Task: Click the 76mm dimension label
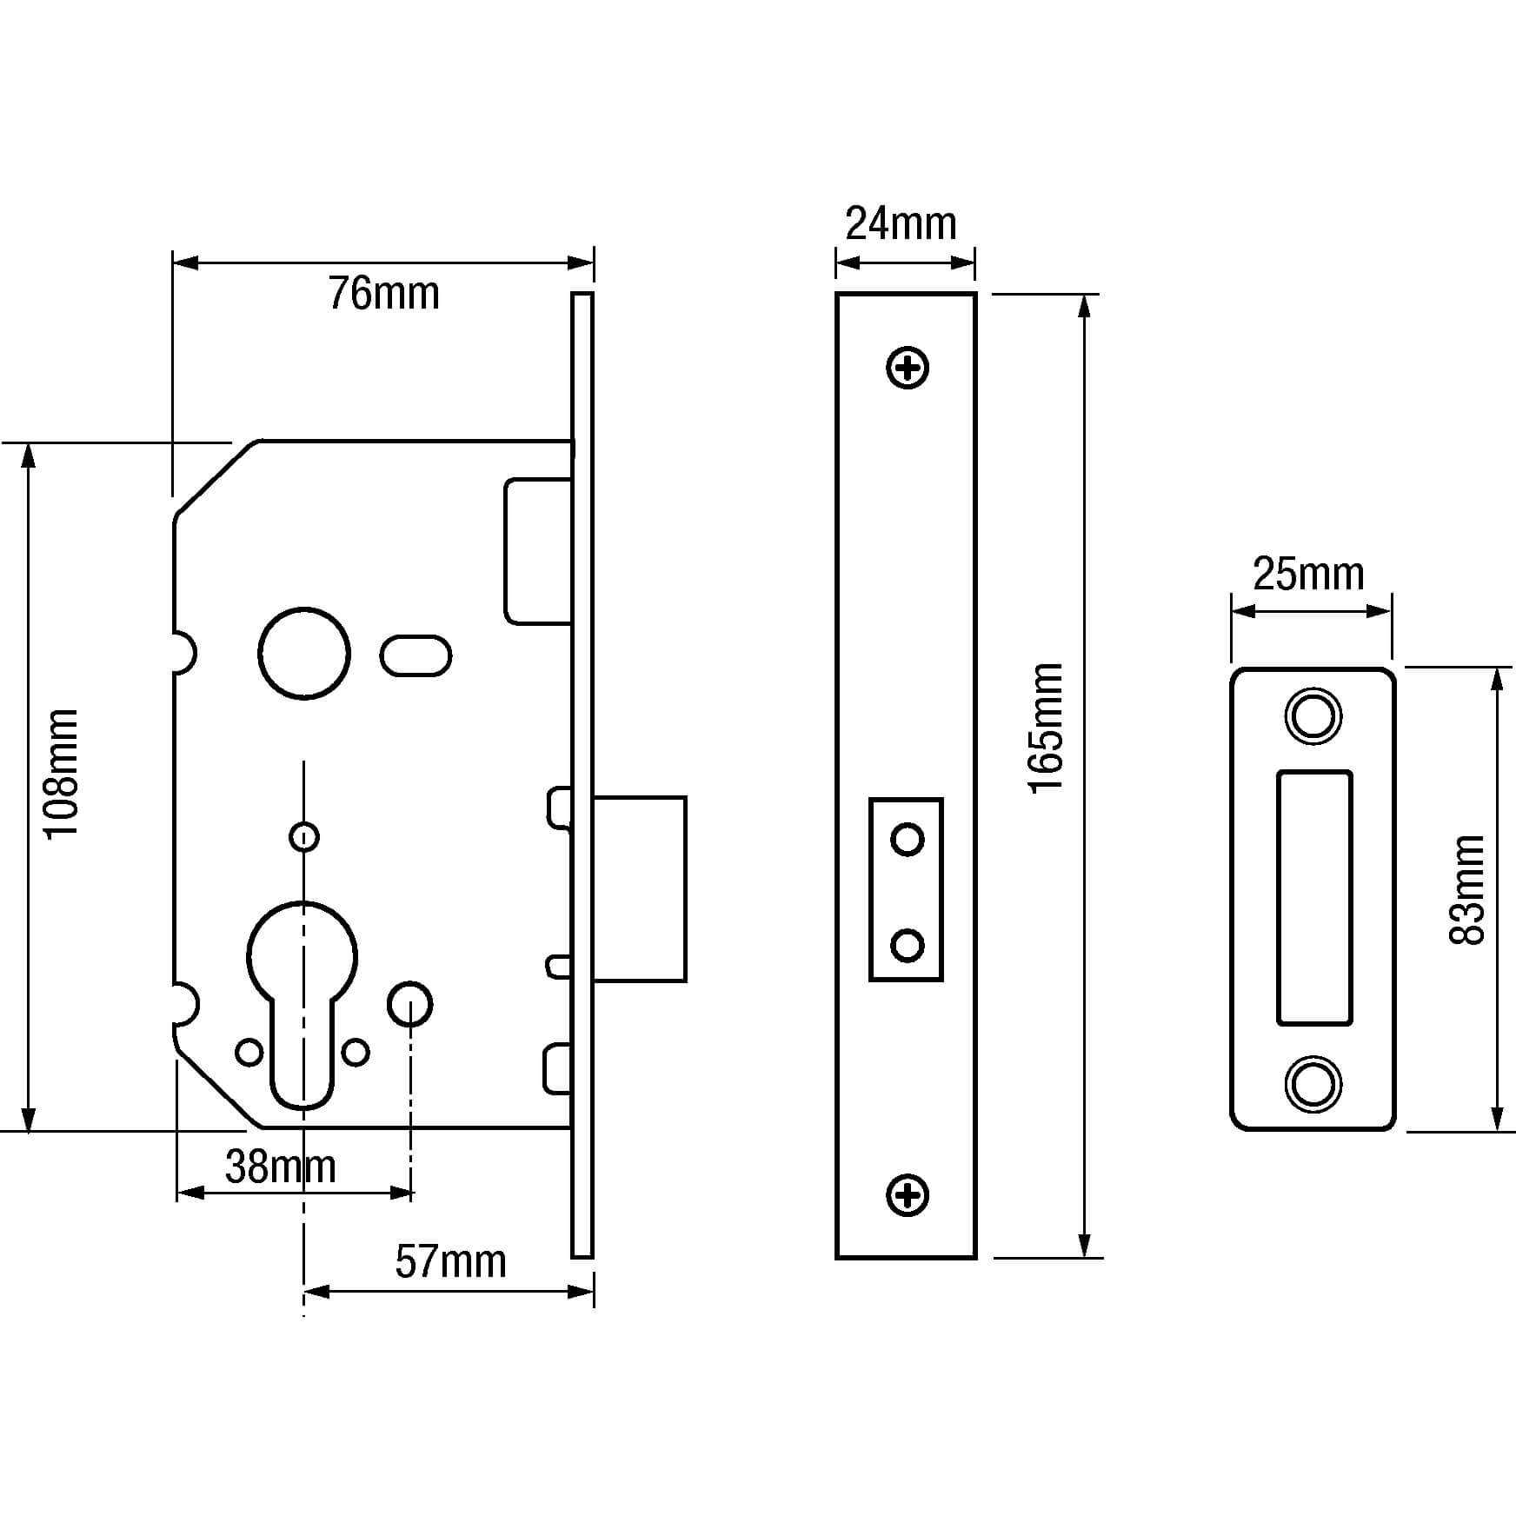[383, 294]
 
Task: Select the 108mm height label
[62, 774]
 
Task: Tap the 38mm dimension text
[280, 1167]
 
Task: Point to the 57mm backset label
[450, 1261]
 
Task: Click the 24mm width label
[901, 224]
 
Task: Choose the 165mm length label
[1046, 727]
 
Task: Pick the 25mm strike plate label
[1308, 574]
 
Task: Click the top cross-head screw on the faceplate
[908, 369]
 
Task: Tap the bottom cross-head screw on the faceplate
[908, 1195]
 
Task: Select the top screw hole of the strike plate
[1313, 716]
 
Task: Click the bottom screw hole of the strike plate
[1313, 1085]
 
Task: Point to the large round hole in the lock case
[304, 653]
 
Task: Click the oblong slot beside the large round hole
[416, 655]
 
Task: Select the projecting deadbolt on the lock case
[640, 888]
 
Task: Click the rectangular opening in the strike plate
[1313, 897]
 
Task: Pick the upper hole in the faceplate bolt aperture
[908, 840]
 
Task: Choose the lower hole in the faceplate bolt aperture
[908, 945]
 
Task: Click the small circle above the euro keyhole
[303, 837]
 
